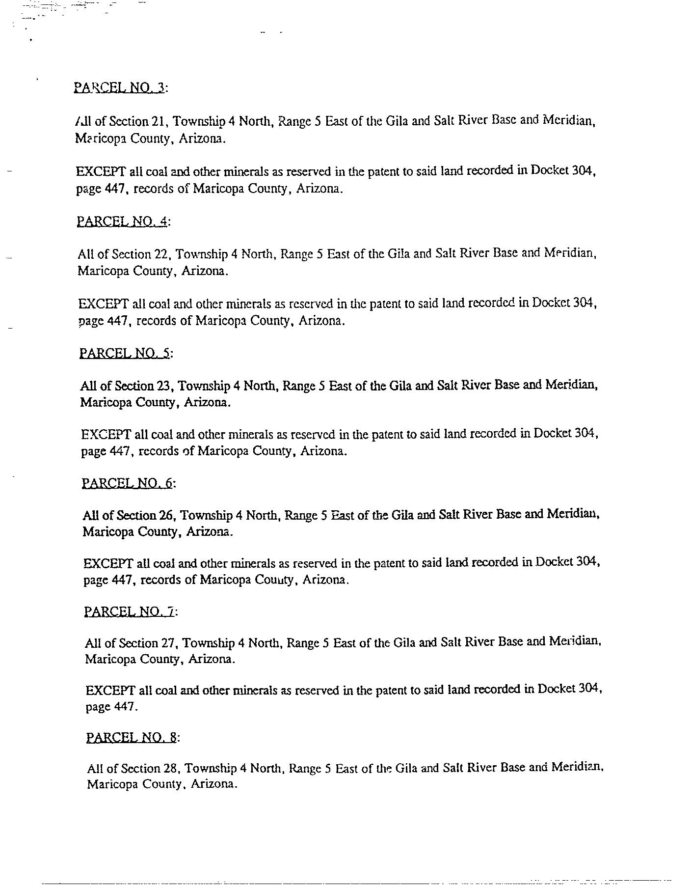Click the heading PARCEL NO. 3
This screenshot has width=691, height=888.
(x=120, y=87)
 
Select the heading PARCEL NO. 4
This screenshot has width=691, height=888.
(x=123, y=222)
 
